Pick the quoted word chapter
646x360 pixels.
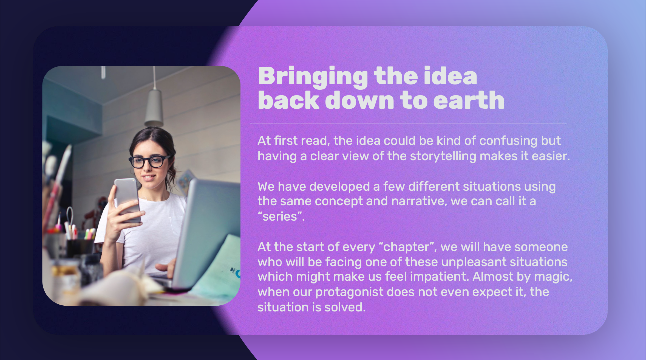coord(406,247)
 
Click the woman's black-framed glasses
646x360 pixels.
coord(149,161)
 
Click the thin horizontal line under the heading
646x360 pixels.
coord(408,123)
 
